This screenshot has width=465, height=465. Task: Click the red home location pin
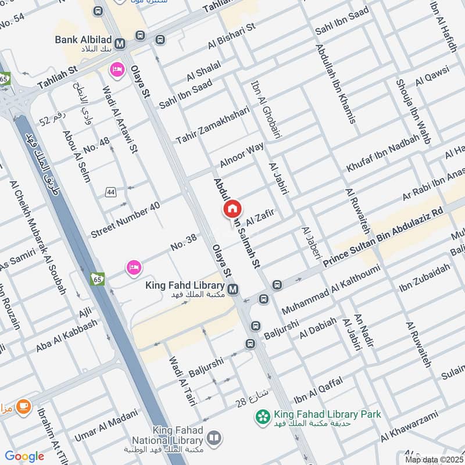[x=233, y=209]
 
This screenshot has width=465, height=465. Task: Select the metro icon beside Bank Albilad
[x=121, y=44]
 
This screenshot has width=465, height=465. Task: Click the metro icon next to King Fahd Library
[x=233, y=289]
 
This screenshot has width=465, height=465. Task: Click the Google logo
[x=24, y=456]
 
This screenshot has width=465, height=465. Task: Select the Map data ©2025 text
[x=432, y=459]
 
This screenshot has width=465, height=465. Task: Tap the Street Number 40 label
[x=125, y=220]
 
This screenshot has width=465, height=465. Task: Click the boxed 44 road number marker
[x=110, y=191]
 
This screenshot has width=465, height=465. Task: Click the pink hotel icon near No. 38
[x=134, y=267]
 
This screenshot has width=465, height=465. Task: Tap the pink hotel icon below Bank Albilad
[x=116, y=70]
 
